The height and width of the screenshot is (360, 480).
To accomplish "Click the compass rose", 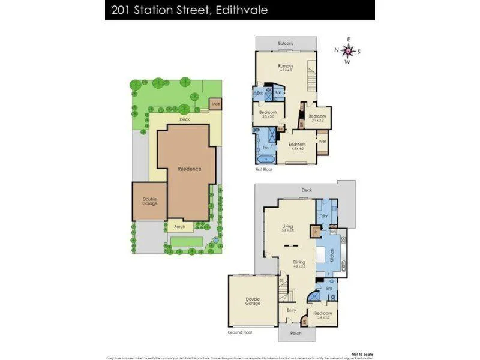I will point(347,50).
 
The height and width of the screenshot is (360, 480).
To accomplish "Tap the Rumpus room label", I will point(285,66).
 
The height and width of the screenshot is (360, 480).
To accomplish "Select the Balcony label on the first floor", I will point(286,43).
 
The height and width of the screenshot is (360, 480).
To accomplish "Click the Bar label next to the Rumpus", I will point(278,93).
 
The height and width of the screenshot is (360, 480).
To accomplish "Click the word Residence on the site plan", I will point(189,169).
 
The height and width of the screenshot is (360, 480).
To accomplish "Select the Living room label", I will point(287,226).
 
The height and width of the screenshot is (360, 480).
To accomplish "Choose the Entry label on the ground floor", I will point(291,310).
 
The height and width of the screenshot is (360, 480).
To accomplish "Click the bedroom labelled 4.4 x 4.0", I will point(297,145).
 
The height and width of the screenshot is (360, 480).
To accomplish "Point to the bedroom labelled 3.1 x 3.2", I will point(317,116).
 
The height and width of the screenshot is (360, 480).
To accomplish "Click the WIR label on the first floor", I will point(322,142).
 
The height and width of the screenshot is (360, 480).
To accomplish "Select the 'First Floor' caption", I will point(264,170).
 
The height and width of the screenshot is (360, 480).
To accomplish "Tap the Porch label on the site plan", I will point(179,227).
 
